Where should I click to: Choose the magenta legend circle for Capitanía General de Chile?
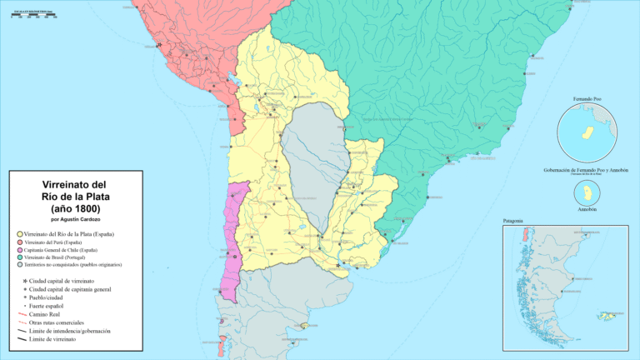(x=18, y=250)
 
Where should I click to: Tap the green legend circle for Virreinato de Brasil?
(x=18, y=257)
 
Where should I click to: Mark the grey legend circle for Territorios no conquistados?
(x=18, y=265)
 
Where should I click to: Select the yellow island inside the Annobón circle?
(x=588, y=192)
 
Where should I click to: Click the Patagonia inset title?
(x=513, y=221)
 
